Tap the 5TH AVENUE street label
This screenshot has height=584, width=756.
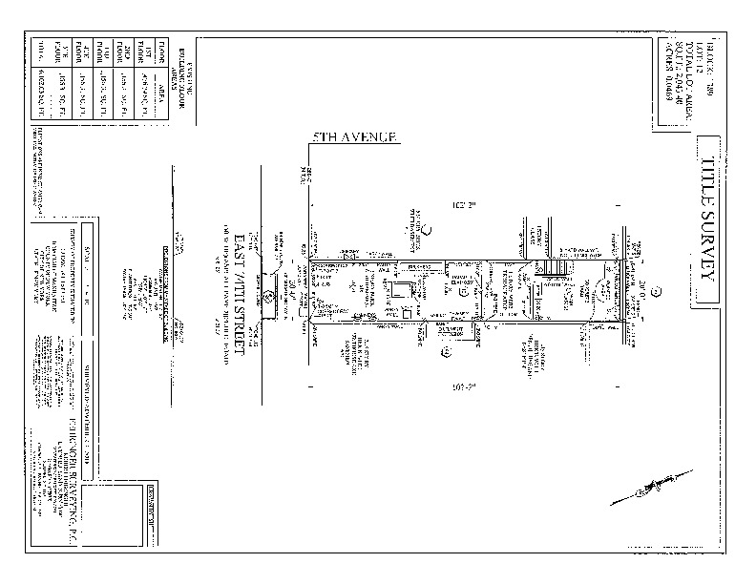coord(354,138)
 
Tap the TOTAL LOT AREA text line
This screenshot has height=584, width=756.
coord(683,72)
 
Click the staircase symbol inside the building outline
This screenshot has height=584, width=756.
coord(556,278)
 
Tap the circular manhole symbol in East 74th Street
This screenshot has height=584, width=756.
coord(269,296)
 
